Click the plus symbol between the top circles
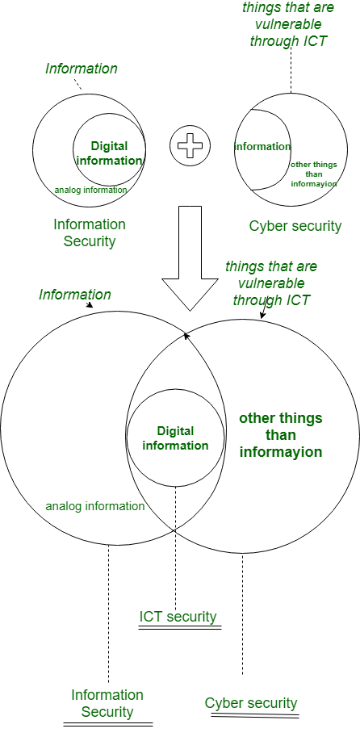190,146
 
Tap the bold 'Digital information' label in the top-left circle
109,153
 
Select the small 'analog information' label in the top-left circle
90,191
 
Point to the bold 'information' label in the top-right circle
262,147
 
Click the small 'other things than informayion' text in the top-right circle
313,174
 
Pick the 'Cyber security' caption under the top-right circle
295,226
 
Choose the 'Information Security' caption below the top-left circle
90,232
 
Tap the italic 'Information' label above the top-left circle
82,69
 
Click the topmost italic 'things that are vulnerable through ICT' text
287,24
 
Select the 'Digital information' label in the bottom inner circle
175,438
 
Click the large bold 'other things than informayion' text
281,435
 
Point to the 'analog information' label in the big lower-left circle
95,506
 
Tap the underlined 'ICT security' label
178,617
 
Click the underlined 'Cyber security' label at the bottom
251,704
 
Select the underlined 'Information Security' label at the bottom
107,703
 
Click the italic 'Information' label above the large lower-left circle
75,295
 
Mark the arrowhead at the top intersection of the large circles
186,336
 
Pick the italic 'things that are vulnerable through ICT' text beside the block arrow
271,283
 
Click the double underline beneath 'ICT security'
179,627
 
